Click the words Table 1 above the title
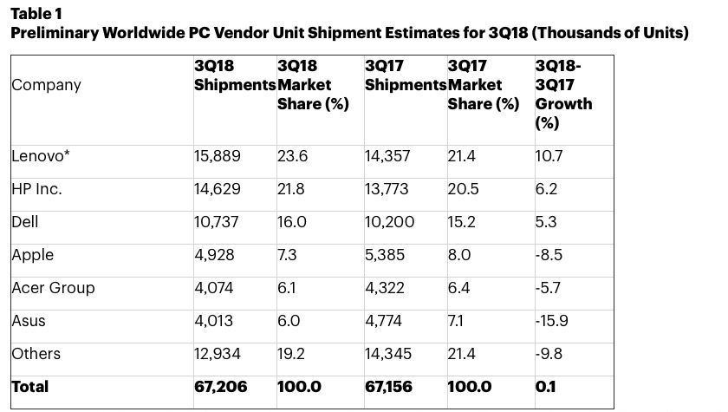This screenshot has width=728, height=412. tap(36, 15)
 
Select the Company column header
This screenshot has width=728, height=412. tap(46, 85)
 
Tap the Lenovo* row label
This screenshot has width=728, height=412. tap(41, 156)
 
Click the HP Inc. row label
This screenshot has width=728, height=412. tap(36, 189)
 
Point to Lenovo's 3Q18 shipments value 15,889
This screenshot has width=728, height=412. tap(218, 156)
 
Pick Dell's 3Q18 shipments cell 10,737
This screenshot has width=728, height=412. tap(217, 222)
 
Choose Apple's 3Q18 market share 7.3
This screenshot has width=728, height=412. tap(289, 255)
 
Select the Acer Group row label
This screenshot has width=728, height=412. tap(53, 288)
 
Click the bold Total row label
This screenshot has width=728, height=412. tap(30, 387)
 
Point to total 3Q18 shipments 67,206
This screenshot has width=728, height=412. tap(220, 387)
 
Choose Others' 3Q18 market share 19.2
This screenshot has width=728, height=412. tap(292, 354)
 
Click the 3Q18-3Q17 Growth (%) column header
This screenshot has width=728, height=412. tap(563, 94)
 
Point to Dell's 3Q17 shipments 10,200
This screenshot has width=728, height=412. tap(390, 222)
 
